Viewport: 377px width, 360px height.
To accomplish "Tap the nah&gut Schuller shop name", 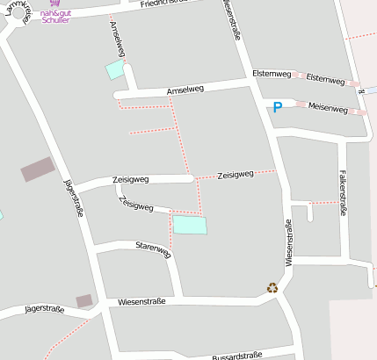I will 55,16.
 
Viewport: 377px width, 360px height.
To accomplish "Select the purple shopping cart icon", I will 55,4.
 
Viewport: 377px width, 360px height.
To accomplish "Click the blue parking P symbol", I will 277,107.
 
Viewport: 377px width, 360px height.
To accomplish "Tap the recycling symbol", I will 272,287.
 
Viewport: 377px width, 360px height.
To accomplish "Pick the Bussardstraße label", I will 237,356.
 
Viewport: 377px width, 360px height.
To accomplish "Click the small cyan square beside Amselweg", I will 115,70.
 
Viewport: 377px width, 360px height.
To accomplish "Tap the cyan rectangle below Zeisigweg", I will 190,225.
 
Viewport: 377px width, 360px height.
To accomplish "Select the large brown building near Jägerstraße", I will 38,169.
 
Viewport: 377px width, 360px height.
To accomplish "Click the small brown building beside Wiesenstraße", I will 84,300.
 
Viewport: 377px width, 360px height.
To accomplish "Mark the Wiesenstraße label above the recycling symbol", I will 287,242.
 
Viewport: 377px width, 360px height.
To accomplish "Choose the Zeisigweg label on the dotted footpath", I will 235,174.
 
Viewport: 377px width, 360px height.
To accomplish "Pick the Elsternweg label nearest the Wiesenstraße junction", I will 269,73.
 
